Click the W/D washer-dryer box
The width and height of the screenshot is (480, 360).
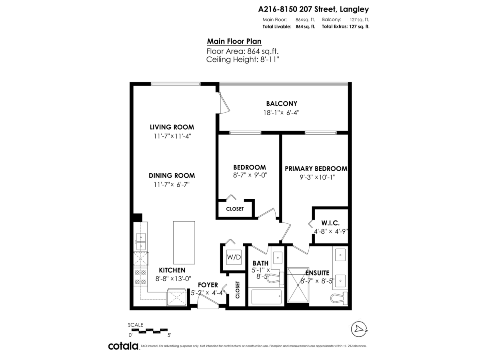234,256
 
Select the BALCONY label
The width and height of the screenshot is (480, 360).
278,104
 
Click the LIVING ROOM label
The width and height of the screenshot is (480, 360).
172,127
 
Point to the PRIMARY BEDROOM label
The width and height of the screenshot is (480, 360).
316,168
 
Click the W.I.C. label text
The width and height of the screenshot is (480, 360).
330,223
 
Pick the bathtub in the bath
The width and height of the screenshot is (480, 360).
266,298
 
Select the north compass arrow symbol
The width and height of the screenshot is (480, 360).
359,329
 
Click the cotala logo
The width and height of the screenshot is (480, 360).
123,346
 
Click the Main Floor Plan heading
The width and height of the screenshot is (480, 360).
234,42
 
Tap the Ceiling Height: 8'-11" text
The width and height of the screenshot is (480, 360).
242,60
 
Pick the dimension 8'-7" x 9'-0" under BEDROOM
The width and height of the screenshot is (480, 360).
250,175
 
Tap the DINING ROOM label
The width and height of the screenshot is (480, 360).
172,176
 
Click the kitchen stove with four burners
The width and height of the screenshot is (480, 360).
140,277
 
